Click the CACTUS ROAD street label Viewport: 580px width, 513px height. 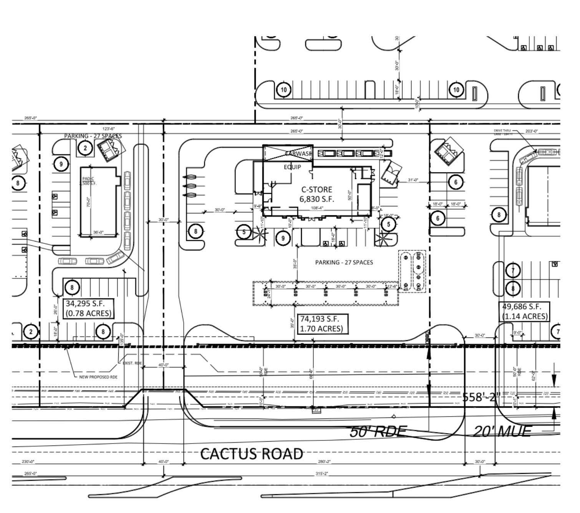252,454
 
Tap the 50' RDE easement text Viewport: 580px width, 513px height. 378,432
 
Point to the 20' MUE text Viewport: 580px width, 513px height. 502,432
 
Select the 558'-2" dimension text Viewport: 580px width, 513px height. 480,397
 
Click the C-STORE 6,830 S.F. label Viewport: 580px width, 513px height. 317,194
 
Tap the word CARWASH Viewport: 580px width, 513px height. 298,154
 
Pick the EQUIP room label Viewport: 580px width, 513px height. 292,167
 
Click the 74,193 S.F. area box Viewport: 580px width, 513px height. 323,324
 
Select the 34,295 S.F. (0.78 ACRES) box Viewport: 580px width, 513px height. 89,308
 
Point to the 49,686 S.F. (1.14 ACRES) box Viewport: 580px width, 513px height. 525,311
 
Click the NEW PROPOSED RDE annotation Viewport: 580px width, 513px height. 98,377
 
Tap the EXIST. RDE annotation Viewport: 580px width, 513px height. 132,363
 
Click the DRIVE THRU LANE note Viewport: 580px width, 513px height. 503,132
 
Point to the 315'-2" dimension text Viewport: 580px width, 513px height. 321,473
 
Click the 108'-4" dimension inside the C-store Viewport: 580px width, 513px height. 317,208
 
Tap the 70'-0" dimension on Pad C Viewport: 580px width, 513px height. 88,202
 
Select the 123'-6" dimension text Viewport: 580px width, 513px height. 108,129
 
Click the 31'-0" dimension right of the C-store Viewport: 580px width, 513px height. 413,180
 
